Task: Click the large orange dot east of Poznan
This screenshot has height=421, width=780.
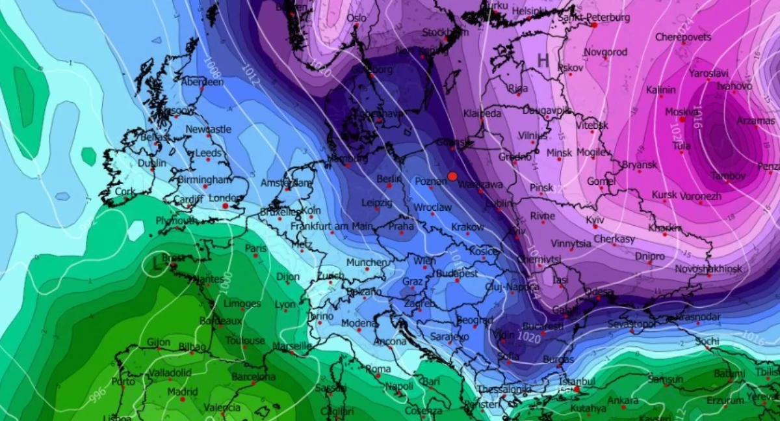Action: (x=452, y=176)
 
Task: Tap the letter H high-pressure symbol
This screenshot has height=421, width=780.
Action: (x=543, y=61)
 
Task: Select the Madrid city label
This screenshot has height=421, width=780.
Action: (x=183, y=392)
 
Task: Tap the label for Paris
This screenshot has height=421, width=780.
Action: (x=255, y=249)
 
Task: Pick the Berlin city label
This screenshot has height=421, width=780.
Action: (x=388, y=178)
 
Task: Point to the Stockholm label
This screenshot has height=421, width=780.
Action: (x=445, y=33)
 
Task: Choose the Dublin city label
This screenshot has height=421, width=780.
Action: (x=152, y=163)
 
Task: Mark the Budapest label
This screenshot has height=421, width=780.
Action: (x=458, y=274)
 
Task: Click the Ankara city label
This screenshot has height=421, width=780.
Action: (x=623, y=400)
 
